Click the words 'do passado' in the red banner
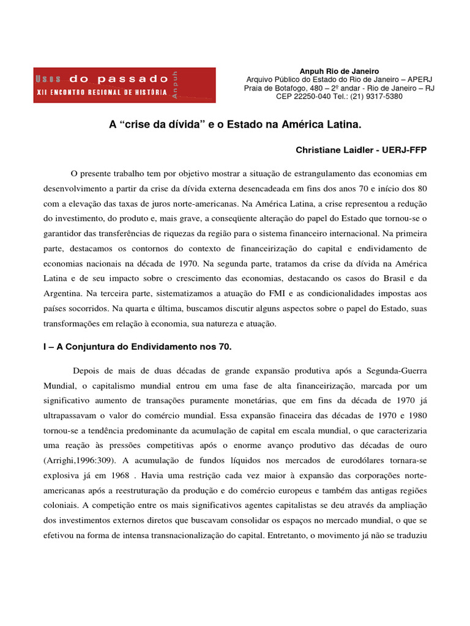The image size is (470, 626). click(x=119, y=79)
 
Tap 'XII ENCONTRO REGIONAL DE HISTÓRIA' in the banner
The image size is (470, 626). click(x=102, y=91)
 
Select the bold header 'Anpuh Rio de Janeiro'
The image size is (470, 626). click(x=339, y=72)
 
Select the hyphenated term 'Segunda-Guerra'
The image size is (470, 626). click(x=395, y=371)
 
